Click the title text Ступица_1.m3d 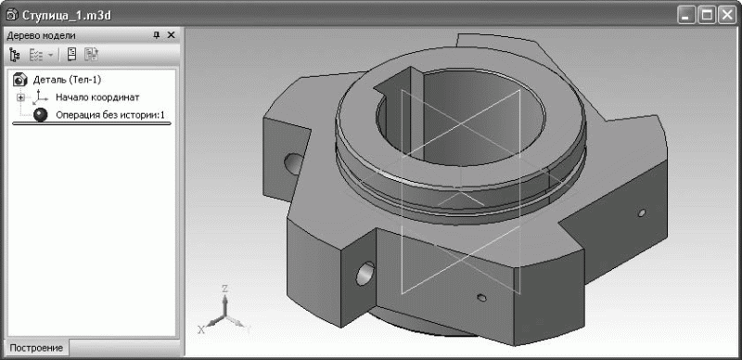coord(67,15)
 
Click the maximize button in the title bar coord(708,16)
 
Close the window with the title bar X coord(726,16)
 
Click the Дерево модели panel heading coord(41,35)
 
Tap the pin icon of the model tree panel coord(157,35)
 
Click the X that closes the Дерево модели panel coord(172,35)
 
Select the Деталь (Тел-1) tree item coord(67,79)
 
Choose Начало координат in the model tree coord(97,97)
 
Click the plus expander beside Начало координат coord(20,97)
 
